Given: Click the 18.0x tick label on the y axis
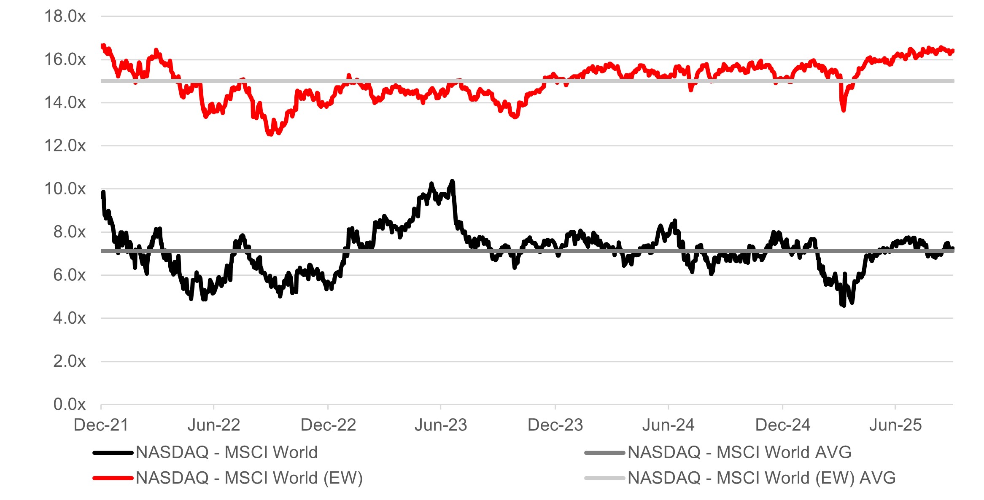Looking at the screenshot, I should click(65, 16).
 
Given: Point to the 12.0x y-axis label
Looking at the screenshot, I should click(65, 146).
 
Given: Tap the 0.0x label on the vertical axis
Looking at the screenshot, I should click(69, 404).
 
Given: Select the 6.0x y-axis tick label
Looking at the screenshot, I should click(69, 275).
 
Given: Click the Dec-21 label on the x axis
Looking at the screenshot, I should click(101, 425).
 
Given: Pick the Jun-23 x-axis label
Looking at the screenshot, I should click(441, 425).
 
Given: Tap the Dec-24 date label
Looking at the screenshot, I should click(782, 425).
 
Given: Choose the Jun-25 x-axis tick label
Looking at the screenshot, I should click(895, 425).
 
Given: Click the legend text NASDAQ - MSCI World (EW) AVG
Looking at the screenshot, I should click(761, 478).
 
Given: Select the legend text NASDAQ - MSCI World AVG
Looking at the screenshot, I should click(739, 452).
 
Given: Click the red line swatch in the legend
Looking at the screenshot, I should click(113, 478).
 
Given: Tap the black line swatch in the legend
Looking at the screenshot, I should click(113, 453).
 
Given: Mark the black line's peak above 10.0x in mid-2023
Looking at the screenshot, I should click(453, 181).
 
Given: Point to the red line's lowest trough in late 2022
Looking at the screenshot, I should click(270, 134).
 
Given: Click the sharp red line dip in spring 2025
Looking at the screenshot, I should click(844, 110).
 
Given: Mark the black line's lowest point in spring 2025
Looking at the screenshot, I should click(844, 305).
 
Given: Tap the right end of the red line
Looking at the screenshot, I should click(953, 51).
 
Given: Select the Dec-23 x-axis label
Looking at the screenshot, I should click(555, 425).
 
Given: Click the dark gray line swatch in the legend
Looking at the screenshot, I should click(604, 453).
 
